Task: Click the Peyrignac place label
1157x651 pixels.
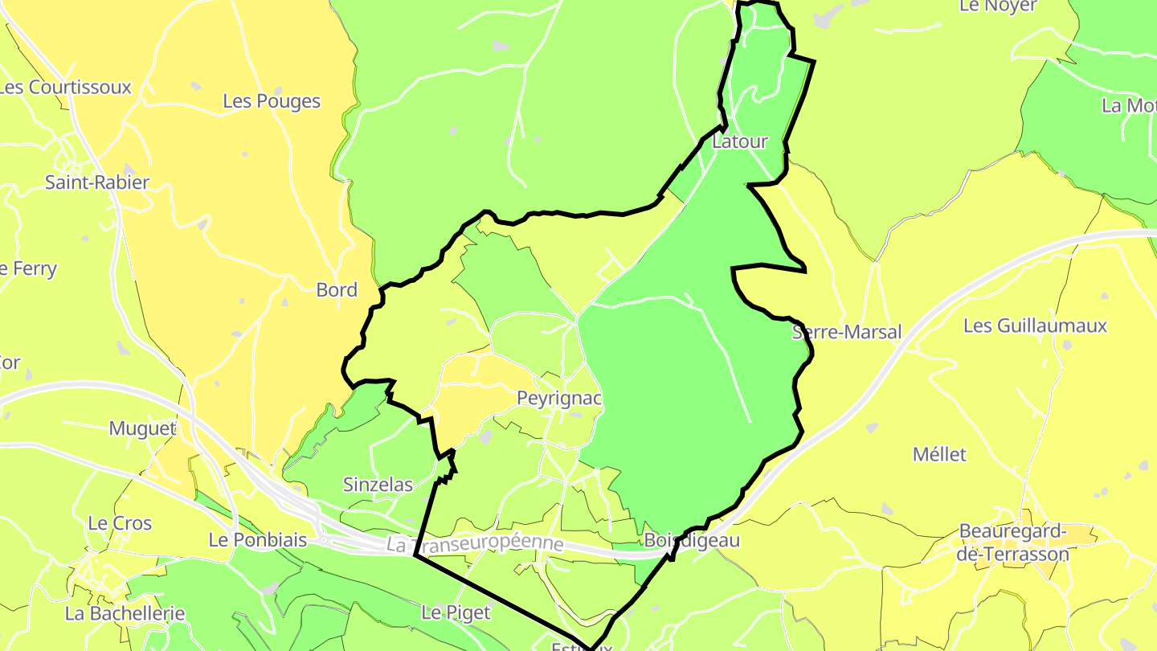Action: [x=559, y=399]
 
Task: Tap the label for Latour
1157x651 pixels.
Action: [x=740, y=141]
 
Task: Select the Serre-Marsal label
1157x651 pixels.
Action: [x=847, y=332]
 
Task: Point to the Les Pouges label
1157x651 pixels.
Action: [x=272, y=101]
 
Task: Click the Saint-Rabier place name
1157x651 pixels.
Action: [x=97, y=182]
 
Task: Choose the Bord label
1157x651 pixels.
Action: [x=337, y=290]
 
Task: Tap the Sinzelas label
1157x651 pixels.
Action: [x=378, y=485]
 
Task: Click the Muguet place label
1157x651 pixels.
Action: [x=142, y=428]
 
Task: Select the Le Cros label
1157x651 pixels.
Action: [x=120, y=523]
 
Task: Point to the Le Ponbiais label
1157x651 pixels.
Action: [x=258, y=540]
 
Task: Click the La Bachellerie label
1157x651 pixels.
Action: [x=125, y=613]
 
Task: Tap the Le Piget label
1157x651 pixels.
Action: [x=456, y=613]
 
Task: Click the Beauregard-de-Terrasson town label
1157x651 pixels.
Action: [x=1014, y=543]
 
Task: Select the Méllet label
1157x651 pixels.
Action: [x=939, y=454]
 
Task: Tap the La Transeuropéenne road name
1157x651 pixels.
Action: [x=475, y=544]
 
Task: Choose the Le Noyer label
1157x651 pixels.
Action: [x=998, y=6]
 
